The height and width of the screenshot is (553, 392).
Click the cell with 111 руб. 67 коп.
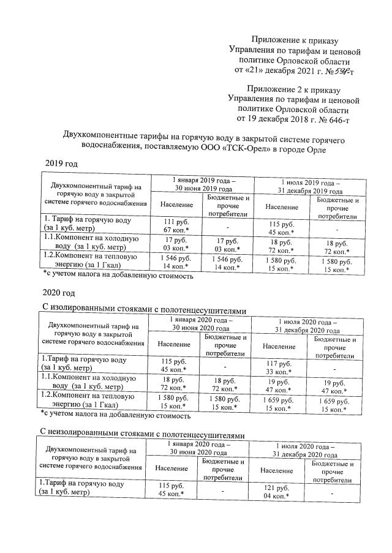click(176, 225)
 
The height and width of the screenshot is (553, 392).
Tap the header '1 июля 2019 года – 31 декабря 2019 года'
click(310, 186)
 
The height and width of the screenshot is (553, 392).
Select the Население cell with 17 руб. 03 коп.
click(176, 244)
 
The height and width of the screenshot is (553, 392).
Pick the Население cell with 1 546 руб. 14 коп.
click(176, 262)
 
